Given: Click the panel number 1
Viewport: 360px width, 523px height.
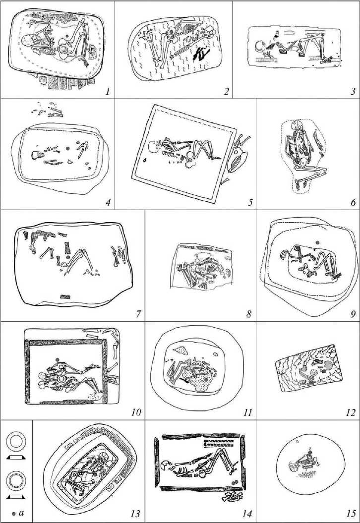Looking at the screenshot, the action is (108, 91).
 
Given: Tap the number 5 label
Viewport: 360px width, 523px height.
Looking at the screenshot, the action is (250, 202).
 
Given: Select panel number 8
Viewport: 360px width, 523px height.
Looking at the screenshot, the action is (249, 314).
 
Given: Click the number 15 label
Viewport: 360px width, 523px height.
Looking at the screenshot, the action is (352, 514).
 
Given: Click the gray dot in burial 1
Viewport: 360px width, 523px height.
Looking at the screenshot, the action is (67, 35).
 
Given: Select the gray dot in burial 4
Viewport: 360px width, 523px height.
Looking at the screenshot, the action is (68, 148).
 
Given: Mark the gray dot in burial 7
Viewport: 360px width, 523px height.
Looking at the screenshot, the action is (68, 257).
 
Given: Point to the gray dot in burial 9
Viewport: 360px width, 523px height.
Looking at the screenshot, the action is (317, 242).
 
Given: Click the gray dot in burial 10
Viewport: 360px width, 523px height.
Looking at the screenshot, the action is (58, 359).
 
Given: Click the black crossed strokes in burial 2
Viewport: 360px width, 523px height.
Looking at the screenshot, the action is (202, 52).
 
